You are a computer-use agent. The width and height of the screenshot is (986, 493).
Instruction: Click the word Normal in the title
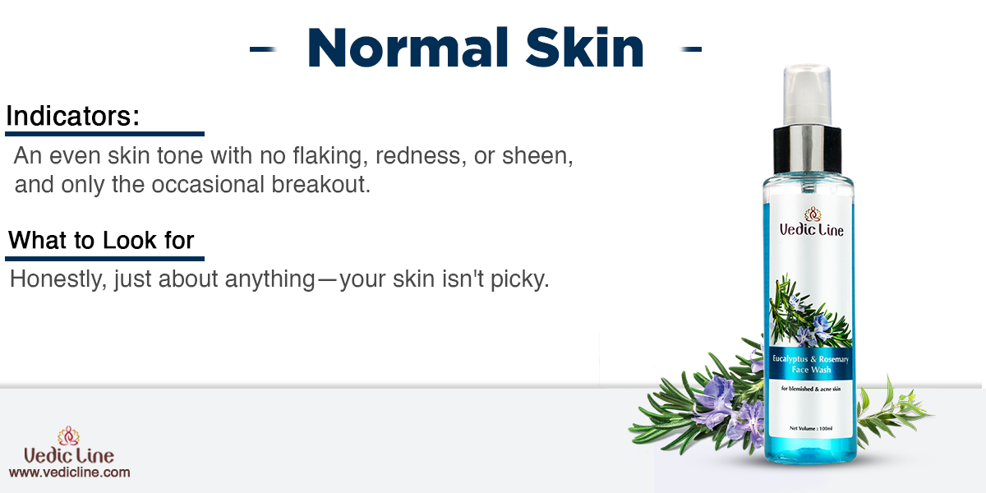pyautogui.click(x=408, y=48)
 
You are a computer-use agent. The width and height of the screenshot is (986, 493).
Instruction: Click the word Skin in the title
pyautogui.click(x=584, y=48)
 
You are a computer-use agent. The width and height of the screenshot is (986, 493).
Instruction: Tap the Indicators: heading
pyautogui.click(x=72, y=116)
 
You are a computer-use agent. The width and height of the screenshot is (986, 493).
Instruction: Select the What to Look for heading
pyautogui.click(x=101, y=240)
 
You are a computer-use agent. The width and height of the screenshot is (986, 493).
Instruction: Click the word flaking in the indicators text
pyautogui.click(x=330, y=156)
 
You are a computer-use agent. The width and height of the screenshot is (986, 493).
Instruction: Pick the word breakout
pyautogui.click(x=320, y=184)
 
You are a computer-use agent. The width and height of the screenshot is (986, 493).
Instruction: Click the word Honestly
pyautogui.click(x=58, y=279)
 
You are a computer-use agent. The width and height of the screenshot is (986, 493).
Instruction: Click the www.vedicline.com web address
pyautogui.click(x=69, y=472)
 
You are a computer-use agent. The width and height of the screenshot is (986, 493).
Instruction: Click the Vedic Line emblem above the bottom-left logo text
pyautogui.click(x=68, y=436)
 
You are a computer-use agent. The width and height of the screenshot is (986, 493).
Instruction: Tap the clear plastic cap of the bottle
pyautogui.click(x=807, y=95)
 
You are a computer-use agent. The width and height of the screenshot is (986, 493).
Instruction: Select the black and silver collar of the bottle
pyautogui.click(x=807, y=150)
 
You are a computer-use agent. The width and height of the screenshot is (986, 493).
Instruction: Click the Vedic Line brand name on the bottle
pyautogui.click(x=811, y=230)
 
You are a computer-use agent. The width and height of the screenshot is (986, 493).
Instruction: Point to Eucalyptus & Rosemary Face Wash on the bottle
pyautogui.click(x=810, y=365)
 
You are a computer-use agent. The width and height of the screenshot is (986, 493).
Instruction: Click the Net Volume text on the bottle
pyautogui.click(x=811, y=428)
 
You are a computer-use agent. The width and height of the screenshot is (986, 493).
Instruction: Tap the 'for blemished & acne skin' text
pyautogui.click(x=811, y=389)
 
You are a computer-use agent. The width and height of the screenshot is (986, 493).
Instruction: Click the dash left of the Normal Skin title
pyautogui.click(x=263, y=49)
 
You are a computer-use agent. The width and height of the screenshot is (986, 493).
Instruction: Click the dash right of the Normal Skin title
pyautogui.click(x=690, y=49)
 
